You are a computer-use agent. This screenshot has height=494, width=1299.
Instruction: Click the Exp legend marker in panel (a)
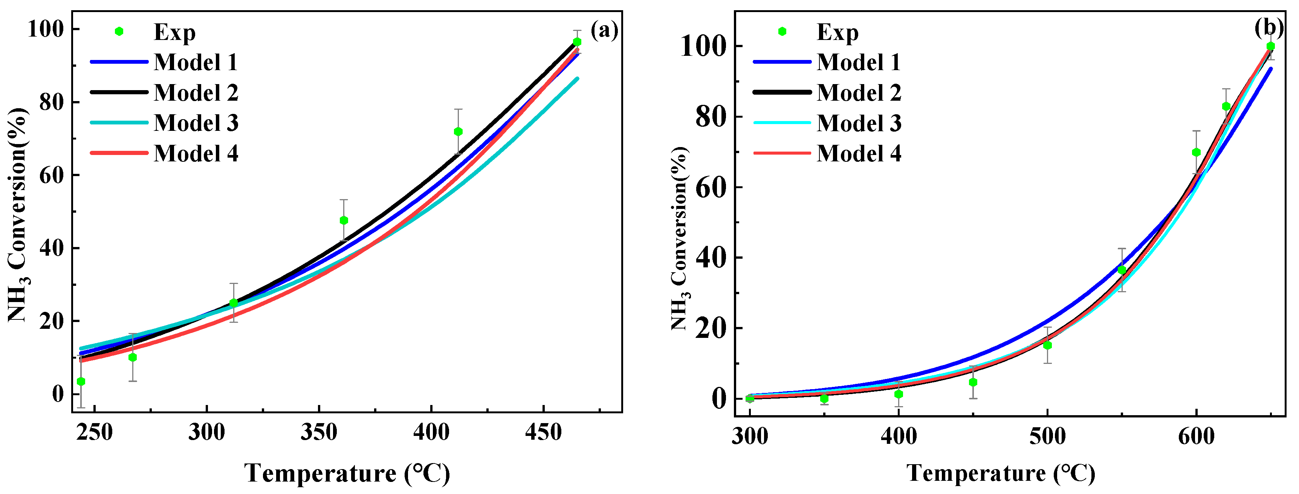click(x=119, y=32)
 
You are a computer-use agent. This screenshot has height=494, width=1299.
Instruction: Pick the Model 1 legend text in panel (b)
click(x=859, y=63)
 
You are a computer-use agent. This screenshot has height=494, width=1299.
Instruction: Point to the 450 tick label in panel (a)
click(x=543, y=433)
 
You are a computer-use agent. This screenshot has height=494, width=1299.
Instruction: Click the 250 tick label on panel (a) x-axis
click(x=95, y=433)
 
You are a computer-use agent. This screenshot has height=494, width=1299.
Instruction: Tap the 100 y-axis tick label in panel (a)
click(x=46, y=29)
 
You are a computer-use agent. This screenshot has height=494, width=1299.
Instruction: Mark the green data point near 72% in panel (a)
click(x=458, y=132)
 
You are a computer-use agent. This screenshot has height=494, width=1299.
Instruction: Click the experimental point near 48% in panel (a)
click(x=344, y=221)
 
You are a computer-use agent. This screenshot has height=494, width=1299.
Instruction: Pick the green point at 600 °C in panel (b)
click(x=1196, y=152)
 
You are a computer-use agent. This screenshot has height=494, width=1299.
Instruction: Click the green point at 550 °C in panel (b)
click(x=1122, y=270)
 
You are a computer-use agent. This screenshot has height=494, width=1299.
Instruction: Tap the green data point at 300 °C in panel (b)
click(x=750, y=399)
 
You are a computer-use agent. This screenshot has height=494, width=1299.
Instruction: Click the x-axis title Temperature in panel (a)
click(x=347, y=473)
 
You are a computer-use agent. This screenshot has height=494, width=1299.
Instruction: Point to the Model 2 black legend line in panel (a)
click(x=119, y=92)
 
